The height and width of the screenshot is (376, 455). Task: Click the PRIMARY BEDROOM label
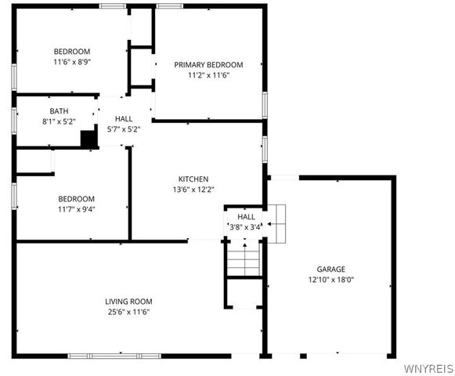click(208, 64)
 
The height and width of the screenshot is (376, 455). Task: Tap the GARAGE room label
click(330, 268)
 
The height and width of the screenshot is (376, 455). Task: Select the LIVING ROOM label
click(128, 301)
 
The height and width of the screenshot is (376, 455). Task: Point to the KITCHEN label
click(193, 178)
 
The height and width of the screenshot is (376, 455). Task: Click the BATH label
click(59, 111)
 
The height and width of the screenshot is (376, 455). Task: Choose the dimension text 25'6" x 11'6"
click(128, 312)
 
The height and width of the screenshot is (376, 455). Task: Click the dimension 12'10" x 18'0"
click(330, 279)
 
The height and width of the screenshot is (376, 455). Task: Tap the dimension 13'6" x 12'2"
click(193, 189)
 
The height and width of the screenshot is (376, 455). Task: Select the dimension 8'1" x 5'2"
click(59, 122)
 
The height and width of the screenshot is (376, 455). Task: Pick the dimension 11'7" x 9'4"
click(75, 209)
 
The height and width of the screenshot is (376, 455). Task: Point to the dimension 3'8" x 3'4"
click(246, 227)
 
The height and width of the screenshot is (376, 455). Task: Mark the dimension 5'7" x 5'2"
click(123, 129)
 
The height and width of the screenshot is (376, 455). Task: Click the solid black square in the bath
click(89, 139)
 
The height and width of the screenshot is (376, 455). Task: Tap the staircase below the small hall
click(244, 259)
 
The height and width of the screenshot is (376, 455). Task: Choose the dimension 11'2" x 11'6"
click(208, 75)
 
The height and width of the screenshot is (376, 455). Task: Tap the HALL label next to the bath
click(123, 118)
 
